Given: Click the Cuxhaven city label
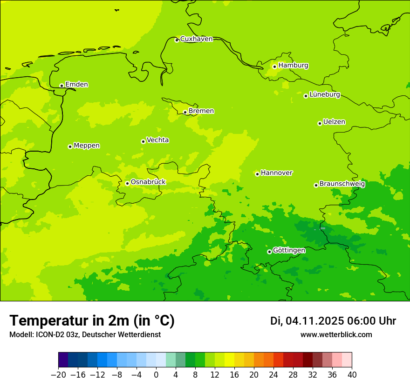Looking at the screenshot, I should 196,39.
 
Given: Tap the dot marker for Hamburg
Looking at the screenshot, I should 274,67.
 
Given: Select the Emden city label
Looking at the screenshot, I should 76,85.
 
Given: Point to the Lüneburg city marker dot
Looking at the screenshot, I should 306,96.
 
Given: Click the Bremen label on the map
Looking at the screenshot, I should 201,111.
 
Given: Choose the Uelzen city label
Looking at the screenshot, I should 334,122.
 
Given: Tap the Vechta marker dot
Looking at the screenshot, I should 143,141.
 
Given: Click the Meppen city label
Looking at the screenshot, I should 87,146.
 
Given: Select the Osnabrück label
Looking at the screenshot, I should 148,182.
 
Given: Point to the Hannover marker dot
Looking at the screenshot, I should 257,174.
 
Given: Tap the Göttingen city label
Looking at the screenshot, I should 289,251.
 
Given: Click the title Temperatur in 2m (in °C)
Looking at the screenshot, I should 92,320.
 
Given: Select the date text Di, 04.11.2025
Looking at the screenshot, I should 307,321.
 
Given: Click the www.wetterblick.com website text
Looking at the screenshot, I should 336,335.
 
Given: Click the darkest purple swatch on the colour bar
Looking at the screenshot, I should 63,360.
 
